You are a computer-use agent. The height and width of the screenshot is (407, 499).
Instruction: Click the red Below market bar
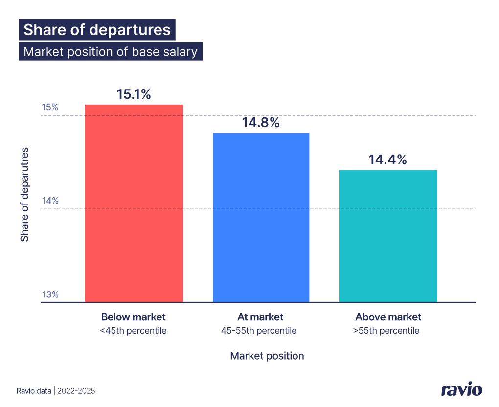[134, 203]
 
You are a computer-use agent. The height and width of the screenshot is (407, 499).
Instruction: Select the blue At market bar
[261, 217]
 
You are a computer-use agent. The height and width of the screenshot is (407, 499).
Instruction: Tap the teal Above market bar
[387, 236]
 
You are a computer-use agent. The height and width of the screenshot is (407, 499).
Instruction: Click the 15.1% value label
[134, 94]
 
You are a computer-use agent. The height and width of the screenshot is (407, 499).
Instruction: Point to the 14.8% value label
[261, 123]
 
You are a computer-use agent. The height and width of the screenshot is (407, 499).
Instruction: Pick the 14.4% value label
[387, 159]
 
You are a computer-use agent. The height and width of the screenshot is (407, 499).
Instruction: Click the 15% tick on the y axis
[50, 107]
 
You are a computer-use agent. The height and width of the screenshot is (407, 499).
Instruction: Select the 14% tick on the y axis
[50, 201]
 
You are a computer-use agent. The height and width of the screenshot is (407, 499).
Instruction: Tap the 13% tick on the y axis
[50, 294]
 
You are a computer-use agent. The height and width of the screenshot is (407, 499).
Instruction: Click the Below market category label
[134, 317]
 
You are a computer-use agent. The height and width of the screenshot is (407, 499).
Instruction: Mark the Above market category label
[388, 317]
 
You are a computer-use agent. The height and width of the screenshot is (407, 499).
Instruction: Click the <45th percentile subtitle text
[133, 331]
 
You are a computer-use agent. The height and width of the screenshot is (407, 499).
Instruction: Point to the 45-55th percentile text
[259, 331]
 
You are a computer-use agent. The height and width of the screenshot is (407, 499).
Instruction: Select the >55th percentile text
[386, 331]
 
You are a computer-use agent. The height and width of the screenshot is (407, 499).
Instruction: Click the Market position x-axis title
[267, 356]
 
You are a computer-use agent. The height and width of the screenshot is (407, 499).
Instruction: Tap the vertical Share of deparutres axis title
[25, 194]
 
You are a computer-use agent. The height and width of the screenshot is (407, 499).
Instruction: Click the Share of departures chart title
[97, 29]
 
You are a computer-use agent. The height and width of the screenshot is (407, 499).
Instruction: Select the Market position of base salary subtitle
[111, 51]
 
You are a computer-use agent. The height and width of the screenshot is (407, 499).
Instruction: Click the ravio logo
[461, 390]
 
